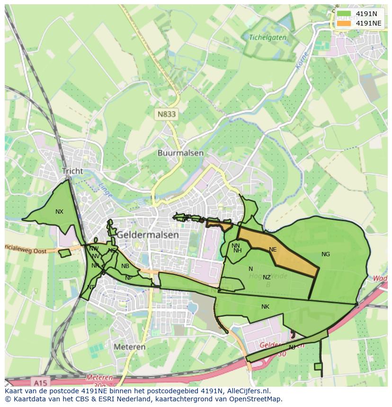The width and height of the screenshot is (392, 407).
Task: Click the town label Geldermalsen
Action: tap(148, 234)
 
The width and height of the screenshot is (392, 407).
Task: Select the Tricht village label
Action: tap(72, 171)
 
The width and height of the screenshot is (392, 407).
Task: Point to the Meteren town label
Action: tap(130, 346)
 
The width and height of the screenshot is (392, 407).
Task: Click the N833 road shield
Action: tap(166, 114)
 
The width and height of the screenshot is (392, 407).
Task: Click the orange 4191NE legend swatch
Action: tap(344, 23)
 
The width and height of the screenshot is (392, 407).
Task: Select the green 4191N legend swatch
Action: tap(344, 14)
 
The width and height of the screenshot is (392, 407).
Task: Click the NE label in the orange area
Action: tap(273, 250)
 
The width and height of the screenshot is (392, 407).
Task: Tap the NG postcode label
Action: tap(326, 254)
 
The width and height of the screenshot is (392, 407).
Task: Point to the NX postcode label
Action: tap(59, 212)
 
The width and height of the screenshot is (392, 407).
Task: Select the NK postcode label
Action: tap(265, 307)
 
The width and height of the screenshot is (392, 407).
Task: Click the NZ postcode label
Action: tap(267, 277)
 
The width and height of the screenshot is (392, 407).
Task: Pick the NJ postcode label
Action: tap(292, 347)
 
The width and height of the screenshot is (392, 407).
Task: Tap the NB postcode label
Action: tap(125, 266)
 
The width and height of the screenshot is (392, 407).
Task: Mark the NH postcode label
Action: tap(238, 251)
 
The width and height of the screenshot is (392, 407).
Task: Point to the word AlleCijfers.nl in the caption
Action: tap(249, 391)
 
